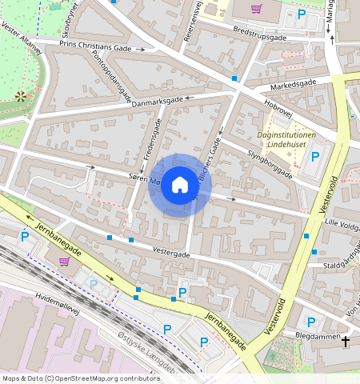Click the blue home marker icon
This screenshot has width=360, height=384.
(179, 185)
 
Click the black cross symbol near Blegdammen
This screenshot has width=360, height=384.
(346, 342)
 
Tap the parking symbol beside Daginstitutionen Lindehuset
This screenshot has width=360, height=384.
(315, 156)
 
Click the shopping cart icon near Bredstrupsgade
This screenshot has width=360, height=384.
(256, 9)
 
